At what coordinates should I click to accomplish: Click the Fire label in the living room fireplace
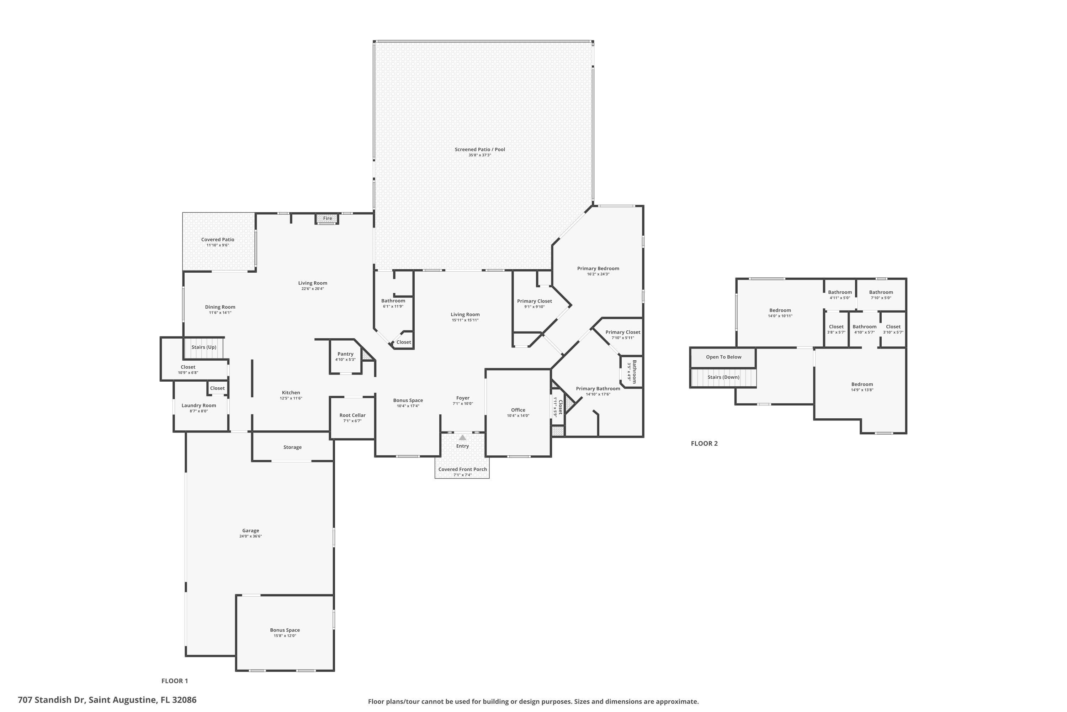coord(328,219)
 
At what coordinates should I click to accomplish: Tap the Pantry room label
coord(345,354)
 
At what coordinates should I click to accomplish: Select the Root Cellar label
coord(352,415)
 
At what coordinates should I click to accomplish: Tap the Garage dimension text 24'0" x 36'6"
coord(250,536)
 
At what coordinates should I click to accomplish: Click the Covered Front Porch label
coord(462,470)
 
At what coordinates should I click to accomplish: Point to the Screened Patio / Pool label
coord(479,150)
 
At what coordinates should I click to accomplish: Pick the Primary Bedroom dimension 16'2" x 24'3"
coord(598,274)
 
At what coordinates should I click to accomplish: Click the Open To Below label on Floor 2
coord(723,357)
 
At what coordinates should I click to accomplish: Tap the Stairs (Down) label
coord(723,377)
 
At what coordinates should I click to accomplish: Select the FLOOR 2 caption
coord(704,444)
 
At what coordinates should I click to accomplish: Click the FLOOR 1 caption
coord(174,681)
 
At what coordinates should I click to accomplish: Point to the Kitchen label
coord(291,393)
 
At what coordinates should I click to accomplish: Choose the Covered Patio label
coord(218,240)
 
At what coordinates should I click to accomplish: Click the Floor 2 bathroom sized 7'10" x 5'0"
coord(881,295)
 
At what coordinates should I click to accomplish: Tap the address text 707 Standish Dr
coord(51,700)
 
